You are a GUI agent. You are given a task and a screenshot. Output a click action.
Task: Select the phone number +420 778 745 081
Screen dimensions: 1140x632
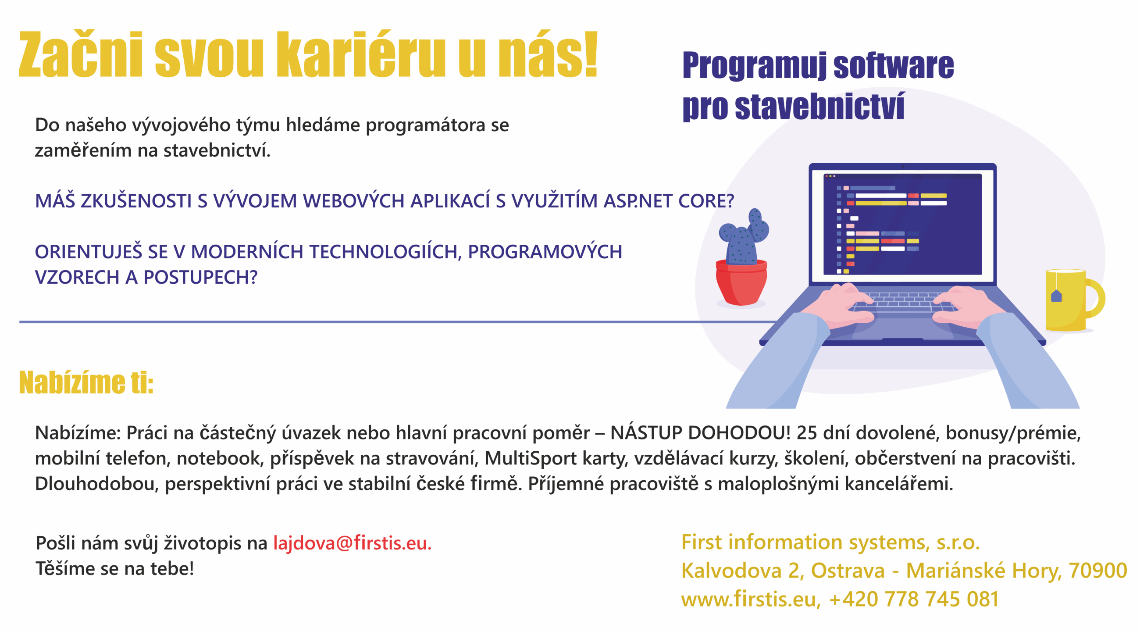(x=914, y=599)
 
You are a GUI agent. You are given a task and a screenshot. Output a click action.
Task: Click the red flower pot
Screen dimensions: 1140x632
(x=741, y=283)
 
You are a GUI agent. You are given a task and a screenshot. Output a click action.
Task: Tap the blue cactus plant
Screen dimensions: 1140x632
(x=744, y=237)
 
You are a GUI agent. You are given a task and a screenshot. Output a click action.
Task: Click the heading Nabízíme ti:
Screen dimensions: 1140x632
(x=86, y=382)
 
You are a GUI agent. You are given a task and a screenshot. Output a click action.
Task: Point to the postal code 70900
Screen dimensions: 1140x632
(x=1097, y=571)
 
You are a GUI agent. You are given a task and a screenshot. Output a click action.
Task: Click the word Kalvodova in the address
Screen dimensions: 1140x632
(x=731, y=571)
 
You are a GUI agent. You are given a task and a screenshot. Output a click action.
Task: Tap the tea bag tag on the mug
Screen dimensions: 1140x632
(x=1056, y=296)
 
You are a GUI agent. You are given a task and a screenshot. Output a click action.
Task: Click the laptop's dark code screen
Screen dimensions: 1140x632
(x=902, y=224)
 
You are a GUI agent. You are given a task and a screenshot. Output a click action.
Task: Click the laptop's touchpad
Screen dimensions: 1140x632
(x=902, y=328)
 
